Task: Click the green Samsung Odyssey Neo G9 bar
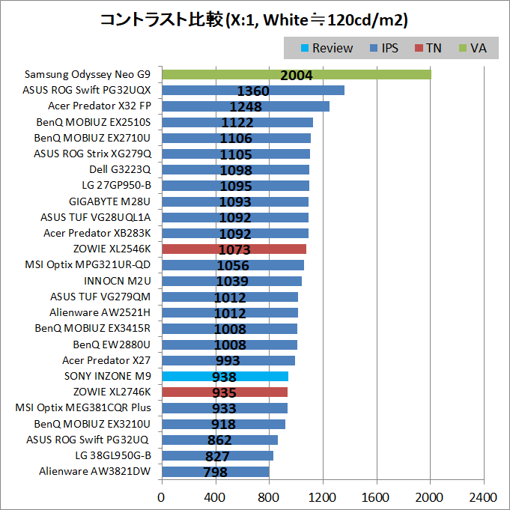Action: coord(296,74)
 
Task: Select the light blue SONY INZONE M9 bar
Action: coord(225,377)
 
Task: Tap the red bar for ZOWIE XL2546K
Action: coord(234,249)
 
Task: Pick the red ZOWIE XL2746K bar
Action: coord(225,392)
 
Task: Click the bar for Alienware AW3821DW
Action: coord(215,472)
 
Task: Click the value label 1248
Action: coord(246,106)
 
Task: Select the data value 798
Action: coord(215,472)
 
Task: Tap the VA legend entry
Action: coord(471,48)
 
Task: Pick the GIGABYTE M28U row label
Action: coord(110,201)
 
